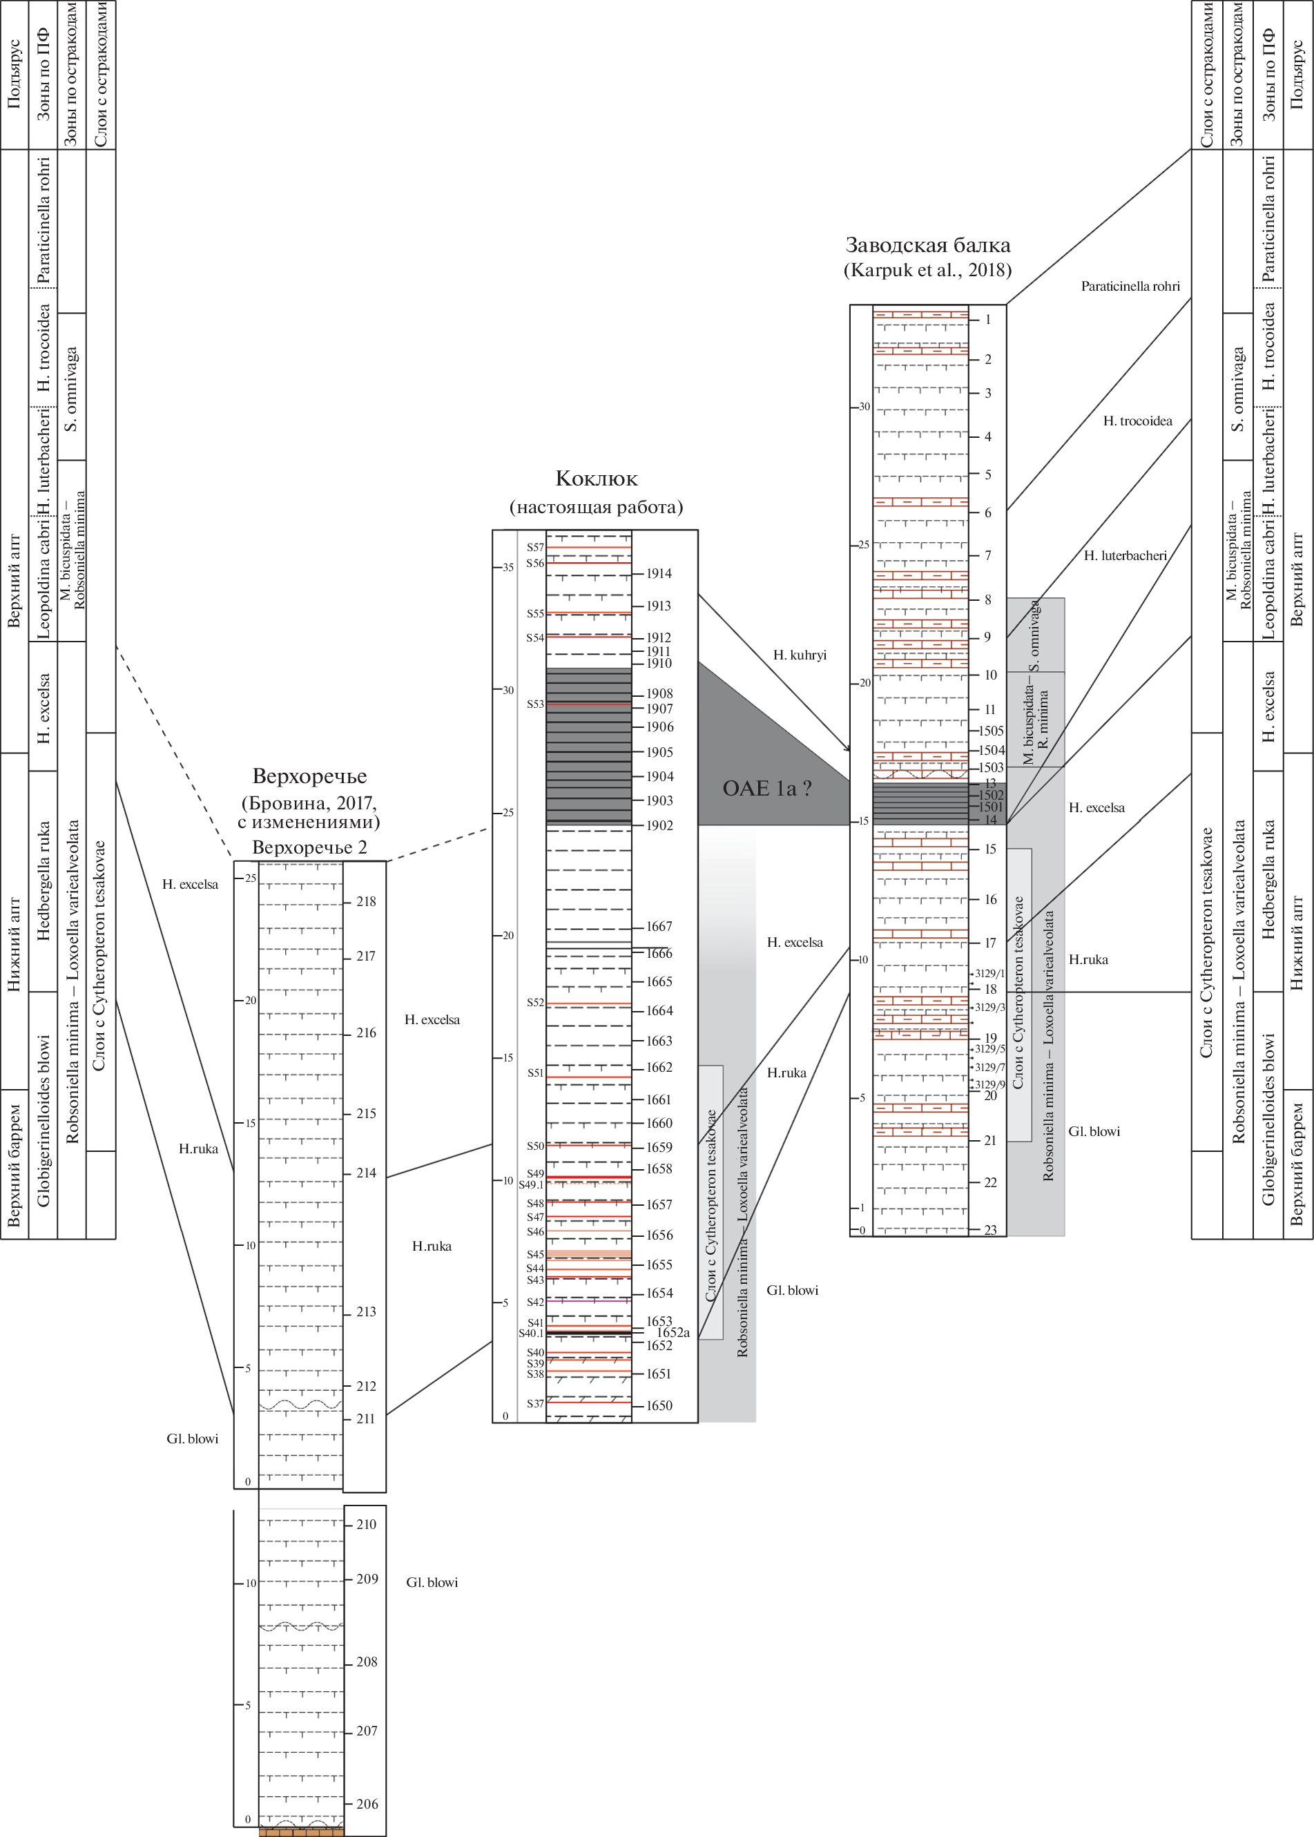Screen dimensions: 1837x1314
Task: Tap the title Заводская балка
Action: click(927, 244)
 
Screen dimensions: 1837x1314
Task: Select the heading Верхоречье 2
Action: click(309, 847)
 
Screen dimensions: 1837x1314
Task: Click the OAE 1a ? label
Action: click(766, 788)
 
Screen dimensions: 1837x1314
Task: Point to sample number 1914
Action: click(659, 574)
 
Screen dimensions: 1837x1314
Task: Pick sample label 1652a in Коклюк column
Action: click(673, 1333)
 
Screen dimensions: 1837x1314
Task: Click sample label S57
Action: click(535, 548)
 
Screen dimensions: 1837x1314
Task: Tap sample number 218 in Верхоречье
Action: click(366, 901)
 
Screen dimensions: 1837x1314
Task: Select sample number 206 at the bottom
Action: click(367, 1804)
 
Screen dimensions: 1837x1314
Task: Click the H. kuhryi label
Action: click(800, 655)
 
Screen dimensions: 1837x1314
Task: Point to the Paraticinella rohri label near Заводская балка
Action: click(1130, 287)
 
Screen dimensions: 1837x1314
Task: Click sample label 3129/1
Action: click(989, 974)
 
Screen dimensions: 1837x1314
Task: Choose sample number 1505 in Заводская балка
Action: click(991, 731)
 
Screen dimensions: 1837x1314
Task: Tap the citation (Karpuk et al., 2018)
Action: click(927, 270)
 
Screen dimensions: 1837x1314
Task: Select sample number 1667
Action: click(659, 927)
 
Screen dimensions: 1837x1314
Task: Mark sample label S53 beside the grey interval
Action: click(535, 704)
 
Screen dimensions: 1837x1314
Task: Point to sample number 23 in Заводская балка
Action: click(990, 1230)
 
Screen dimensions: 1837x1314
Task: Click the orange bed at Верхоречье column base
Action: click(301, 1831)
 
